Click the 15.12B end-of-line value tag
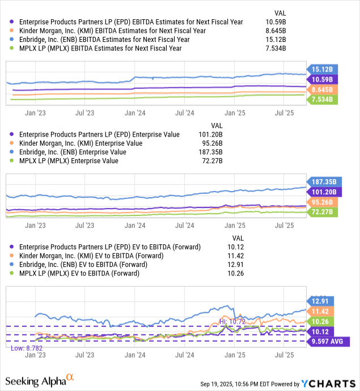pyautogui.click(x=321, y=70)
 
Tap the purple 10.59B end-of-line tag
pyautogui.click(x=321, y=79)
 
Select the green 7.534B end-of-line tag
pyautogui.click(x=321, y=100)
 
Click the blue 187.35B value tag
pyautogui.click(x=321, y=181)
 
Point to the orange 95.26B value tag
pyautogui.click(x=321, y=202)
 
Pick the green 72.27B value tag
pyautogui.click(x=321, y=212)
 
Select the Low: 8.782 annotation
pyautogui.click(x=27, y=348)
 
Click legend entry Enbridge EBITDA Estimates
pyautogui.click(x=102, y=40)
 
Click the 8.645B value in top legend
pyautogui.click(x=274, y=31)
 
